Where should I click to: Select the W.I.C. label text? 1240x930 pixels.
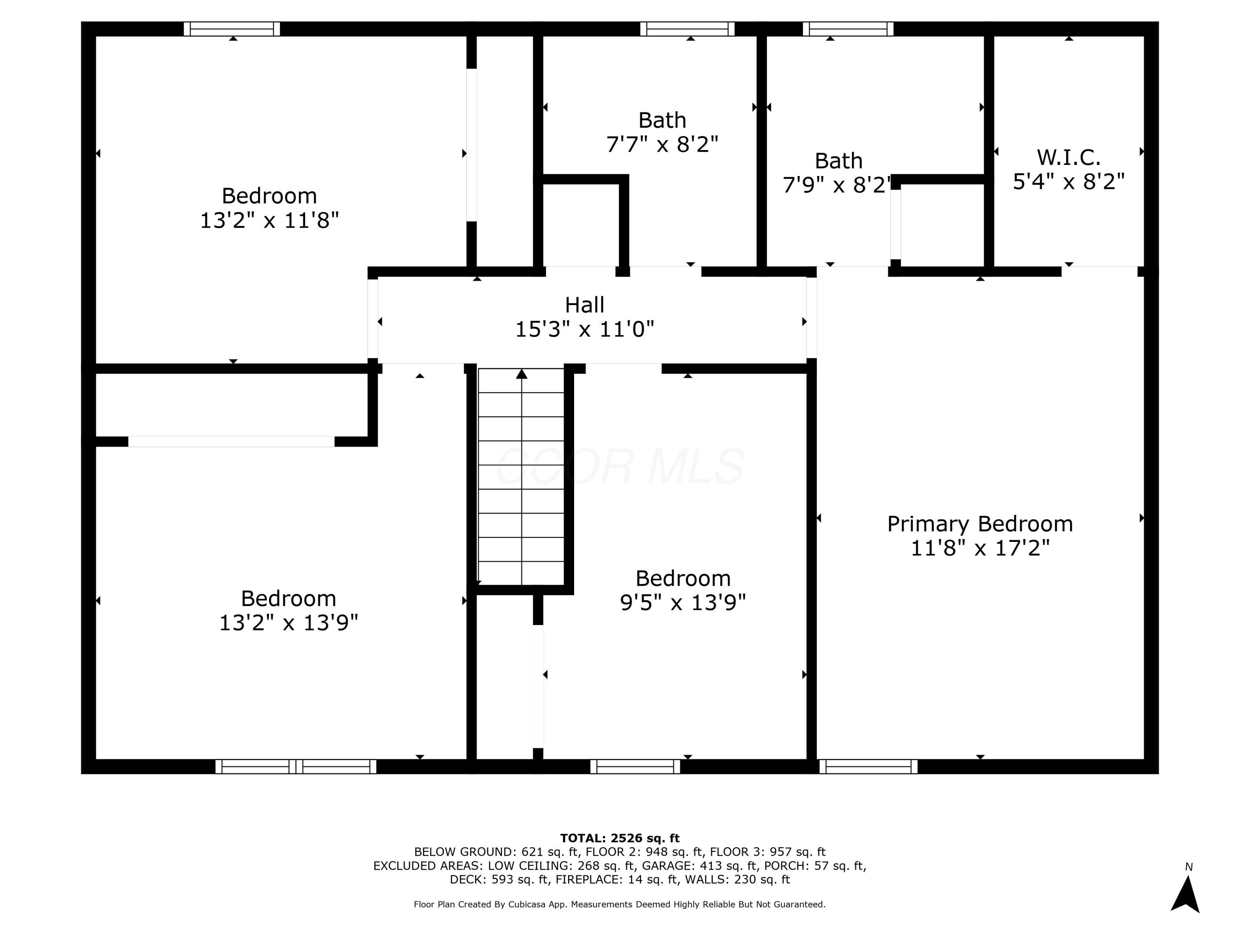coord(1068,157)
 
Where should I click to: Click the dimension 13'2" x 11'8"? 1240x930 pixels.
coord(269,220)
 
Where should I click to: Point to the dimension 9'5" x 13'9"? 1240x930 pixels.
coord(683,603)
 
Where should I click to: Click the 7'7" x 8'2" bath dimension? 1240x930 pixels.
coord(662,145)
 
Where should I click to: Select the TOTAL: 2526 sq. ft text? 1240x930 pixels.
coord(620,838)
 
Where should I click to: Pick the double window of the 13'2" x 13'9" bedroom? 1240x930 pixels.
coord(296,766)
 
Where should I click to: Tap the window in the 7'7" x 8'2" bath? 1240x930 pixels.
coord(687,29)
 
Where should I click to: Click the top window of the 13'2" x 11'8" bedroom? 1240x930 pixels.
coord(231,29)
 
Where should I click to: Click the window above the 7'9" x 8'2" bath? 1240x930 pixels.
coord(848,29)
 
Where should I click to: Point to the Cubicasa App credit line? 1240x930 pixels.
coord(620,904)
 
